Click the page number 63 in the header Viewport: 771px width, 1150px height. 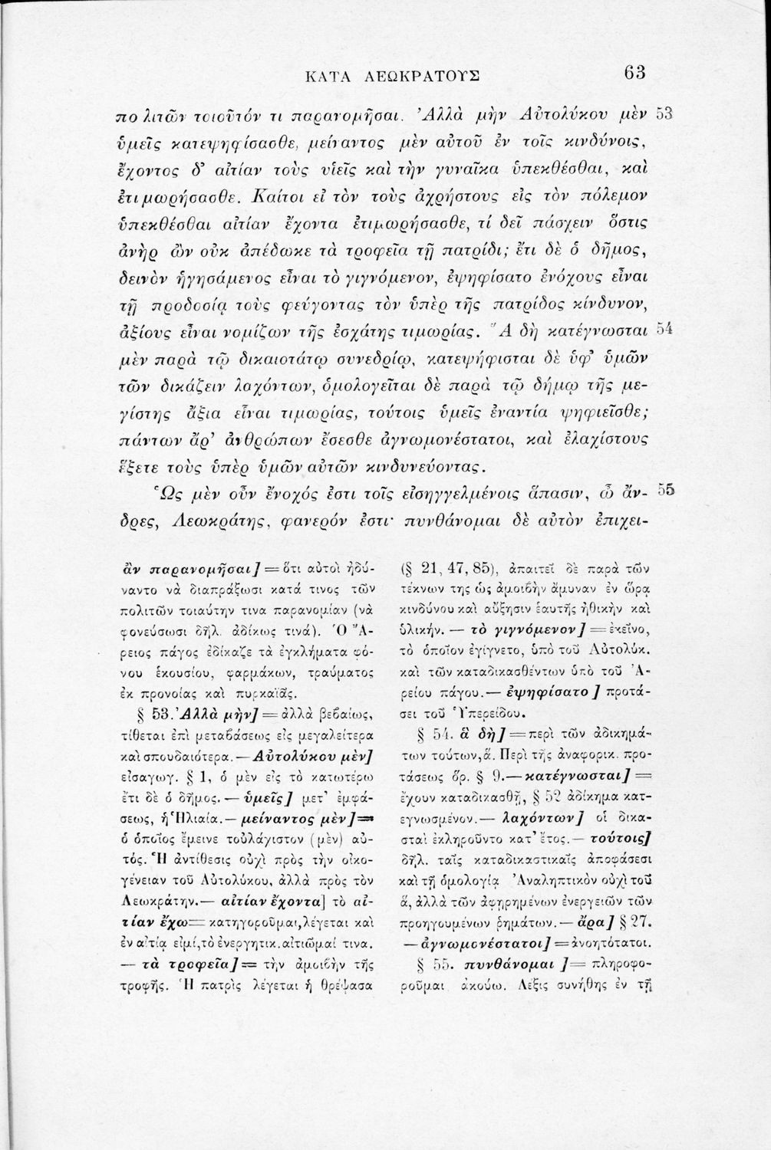click(636, 74)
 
